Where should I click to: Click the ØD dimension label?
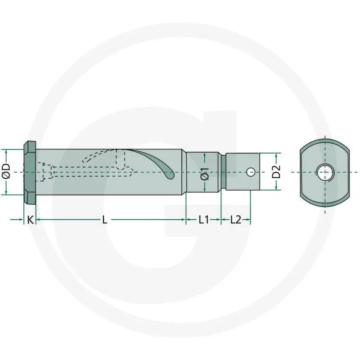(6, 171)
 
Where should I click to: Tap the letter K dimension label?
(30, 220)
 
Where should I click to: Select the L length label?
(105, 220)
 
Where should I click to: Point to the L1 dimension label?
(204, 220)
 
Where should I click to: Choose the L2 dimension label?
(235, 220)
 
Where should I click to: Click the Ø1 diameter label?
(204, 174)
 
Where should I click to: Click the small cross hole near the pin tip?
(251, 172)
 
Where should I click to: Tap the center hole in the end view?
(324, 172)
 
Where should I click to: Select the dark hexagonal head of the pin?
(30, 172)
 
